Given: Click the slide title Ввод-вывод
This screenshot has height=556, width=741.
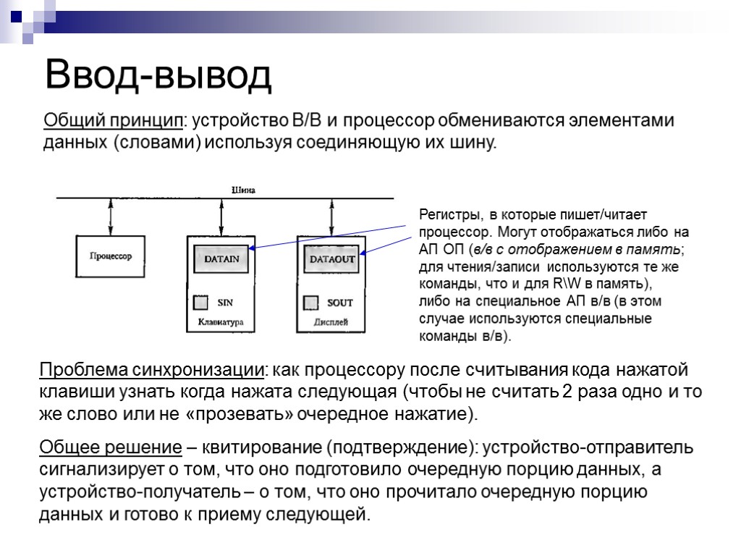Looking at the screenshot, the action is [158, 75].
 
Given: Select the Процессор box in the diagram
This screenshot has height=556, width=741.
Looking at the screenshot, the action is [110, 256].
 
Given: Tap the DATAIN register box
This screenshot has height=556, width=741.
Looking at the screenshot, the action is [221, 258].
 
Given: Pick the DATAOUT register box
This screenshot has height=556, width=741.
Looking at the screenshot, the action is [332, 258].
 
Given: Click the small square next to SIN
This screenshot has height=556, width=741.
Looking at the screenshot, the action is [201, 302].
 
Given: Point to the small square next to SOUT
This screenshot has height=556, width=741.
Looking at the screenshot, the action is [311, 302].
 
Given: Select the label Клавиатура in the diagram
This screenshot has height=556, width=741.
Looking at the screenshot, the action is [221, 321].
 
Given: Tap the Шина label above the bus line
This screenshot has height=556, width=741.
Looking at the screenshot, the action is [243, 190].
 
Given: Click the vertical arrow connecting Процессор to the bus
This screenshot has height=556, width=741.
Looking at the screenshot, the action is [110, 215].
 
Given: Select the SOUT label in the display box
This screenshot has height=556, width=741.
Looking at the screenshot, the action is [339, 302].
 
